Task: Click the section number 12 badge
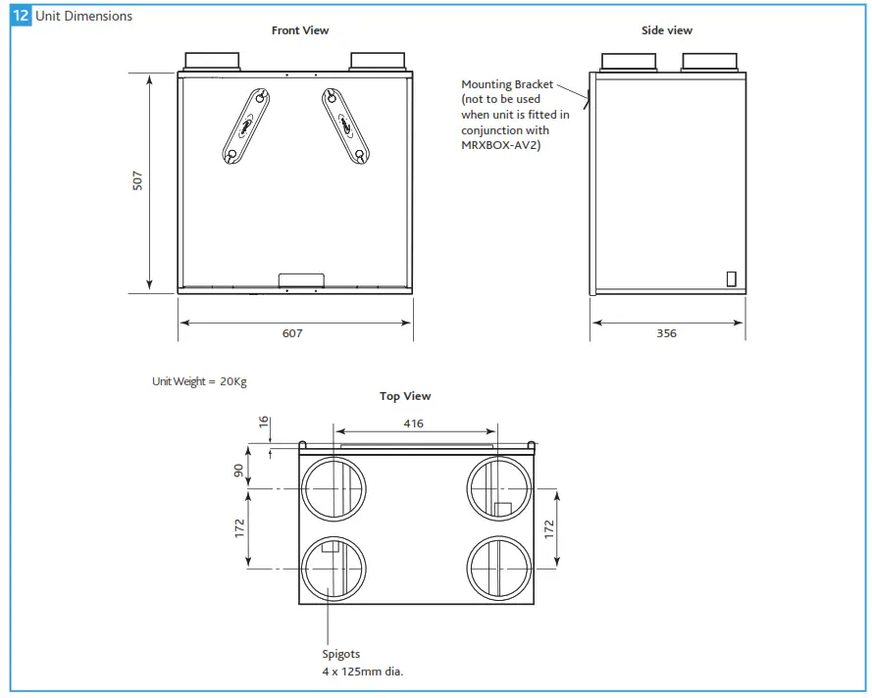[21, 16]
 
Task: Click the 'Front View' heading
[300, 30]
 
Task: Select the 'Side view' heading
[667, 30]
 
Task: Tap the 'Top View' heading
[405, 396]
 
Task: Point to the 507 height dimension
[138, 180]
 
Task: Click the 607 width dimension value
[292, 333]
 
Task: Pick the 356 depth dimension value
[666, 333]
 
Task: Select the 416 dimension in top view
[414, 424]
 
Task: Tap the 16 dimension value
[263, 422]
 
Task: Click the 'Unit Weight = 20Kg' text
[199, 381]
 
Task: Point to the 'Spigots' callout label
[341, 654]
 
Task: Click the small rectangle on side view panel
[731, 278]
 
